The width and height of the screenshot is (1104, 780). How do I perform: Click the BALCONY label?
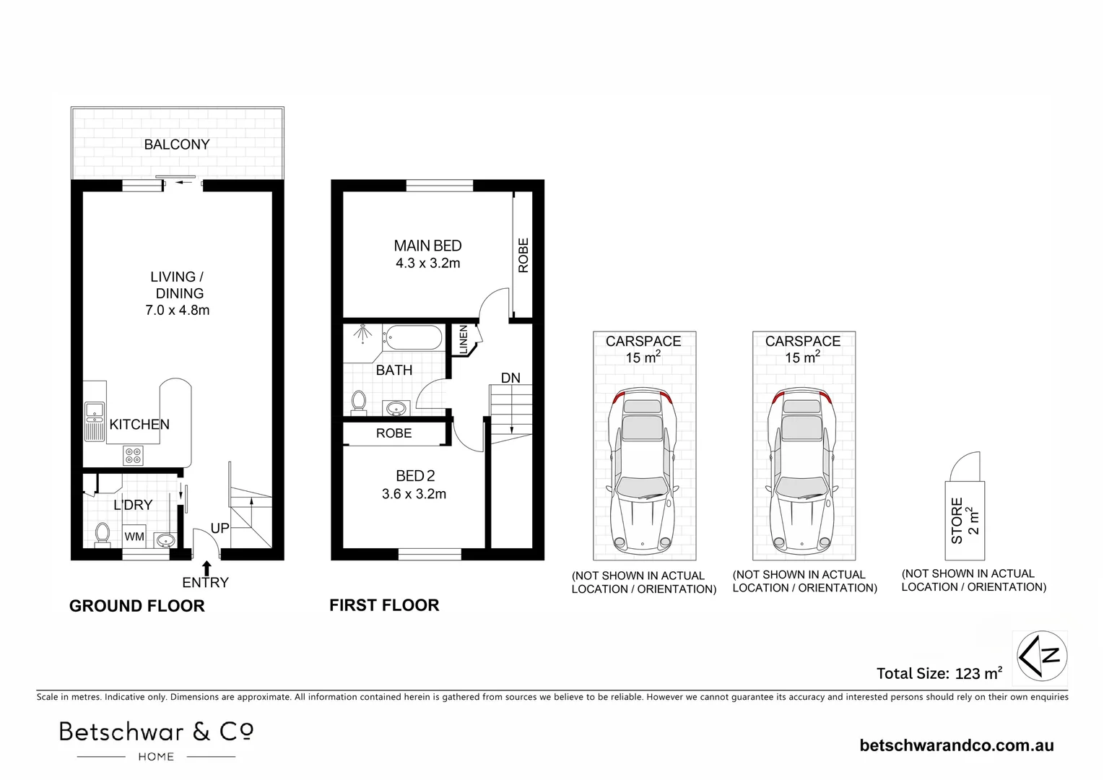pos(176,144)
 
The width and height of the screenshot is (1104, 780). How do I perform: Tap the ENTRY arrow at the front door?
pos(207,568)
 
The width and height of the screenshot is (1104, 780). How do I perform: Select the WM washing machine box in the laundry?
pos(134,537)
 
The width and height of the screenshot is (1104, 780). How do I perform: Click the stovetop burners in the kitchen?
pos(134,455)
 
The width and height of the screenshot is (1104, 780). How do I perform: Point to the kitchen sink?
pos(95,422)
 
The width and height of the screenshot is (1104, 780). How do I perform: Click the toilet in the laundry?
pos(102,534)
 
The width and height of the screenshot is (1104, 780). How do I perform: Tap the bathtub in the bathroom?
pos(413,337)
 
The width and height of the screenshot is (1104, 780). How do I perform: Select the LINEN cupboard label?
pos(463,339)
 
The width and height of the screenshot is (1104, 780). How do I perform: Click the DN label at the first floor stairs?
pos(510,378)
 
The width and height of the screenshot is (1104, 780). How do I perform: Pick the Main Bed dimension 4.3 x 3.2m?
pos(427,264)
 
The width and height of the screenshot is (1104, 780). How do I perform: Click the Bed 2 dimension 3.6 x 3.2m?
pos(414,495)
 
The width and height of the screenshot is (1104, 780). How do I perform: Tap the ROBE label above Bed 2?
pos(394,433)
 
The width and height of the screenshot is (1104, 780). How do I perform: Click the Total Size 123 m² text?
pos(939,674)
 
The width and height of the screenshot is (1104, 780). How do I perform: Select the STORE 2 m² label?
pos(965,520)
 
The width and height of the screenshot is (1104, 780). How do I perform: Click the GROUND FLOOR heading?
pos(136,606)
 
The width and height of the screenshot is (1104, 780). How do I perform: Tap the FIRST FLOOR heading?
pos(384,605)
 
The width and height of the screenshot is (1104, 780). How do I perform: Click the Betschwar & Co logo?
pos(156,739)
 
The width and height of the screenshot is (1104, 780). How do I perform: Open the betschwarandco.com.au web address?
pos(956,745)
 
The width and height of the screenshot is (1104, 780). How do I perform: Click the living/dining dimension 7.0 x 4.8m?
pos(177,311)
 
